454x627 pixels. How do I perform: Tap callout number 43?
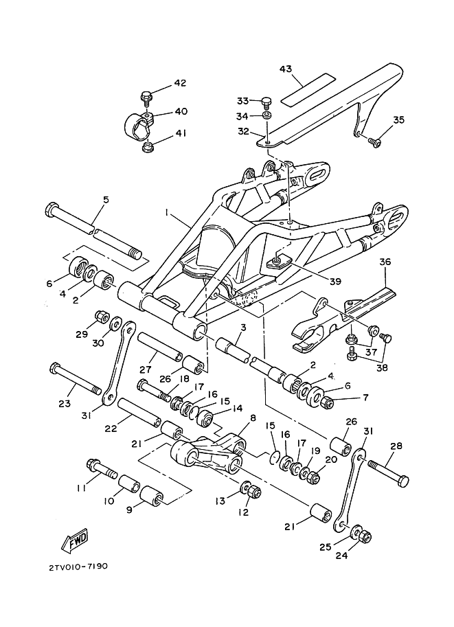click(x=297, y=69)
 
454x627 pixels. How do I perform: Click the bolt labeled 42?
click(x=146, y=98)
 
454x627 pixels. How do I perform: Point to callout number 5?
click(x=106, y=199)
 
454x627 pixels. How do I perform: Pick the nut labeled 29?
click(x=102, y=317)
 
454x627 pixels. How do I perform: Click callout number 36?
click(x=385, y=262)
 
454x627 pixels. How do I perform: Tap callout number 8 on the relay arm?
click(x=252, y=418)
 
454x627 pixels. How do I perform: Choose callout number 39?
click(x=335, y=281)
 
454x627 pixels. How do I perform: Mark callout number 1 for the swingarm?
click(x=166, y=213)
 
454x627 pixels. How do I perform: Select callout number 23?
click(x=65, y=403)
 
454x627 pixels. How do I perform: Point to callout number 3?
click(x=242, y=328)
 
